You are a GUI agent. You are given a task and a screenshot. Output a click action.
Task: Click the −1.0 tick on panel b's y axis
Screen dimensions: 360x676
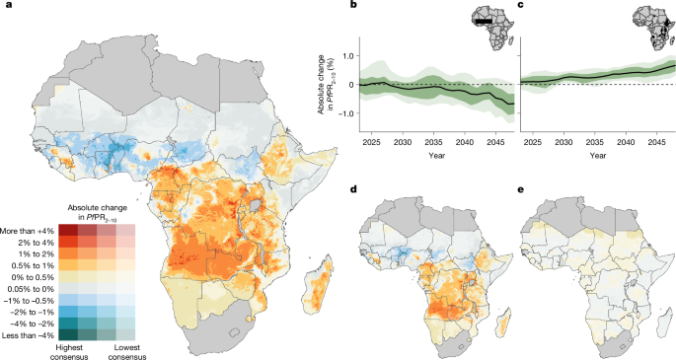[x=345, y=113]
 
